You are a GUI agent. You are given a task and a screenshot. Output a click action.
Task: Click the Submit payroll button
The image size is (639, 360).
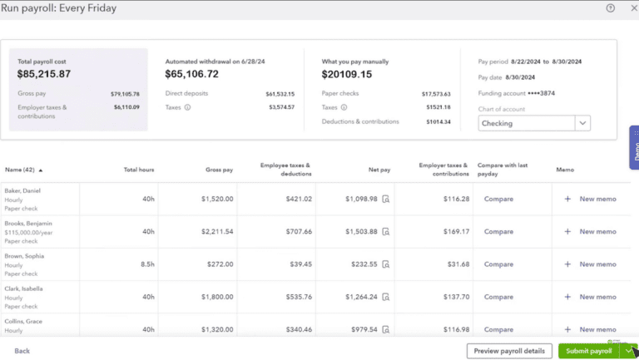coord(589,351)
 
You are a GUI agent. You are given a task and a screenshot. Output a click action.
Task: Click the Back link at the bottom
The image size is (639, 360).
coord(22,351)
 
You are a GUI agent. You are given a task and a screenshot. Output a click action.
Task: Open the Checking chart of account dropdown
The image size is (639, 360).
coord(534,123)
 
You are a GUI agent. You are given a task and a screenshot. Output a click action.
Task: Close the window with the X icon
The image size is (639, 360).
coord(632,8)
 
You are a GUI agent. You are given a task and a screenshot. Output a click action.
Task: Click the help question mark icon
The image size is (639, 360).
coord(610,8)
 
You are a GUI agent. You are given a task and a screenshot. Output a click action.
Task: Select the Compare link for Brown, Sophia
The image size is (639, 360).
coord(498,264)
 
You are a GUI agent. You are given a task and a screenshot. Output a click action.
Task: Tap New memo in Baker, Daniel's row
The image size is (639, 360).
coord(597,200)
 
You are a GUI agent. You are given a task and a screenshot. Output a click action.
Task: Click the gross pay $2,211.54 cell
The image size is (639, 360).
coord(217,232)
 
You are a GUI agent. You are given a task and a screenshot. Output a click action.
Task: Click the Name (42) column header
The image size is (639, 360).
coord(23,170)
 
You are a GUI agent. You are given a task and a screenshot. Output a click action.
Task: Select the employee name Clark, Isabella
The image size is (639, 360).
coord(25,288)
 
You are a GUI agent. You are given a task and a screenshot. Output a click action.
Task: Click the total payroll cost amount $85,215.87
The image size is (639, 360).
coord(56,74)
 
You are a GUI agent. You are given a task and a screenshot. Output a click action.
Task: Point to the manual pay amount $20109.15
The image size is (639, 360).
coord(347,74)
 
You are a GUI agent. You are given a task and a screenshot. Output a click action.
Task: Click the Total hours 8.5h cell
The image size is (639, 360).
coord(145,264)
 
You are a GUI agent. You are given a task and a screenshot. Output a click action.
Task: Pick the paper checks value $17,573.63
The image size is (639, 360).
coord(436,94)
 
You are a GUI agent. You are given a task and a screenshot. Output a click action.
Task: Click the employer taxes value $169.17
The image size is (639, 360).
coord(455,232)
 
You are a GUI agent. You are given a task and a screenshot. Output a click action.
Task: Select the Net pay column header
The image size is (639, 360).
coord(379,170)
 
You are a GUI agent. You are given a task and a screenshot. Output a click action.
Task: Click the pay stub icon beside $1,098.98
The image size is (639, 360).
coord(386,200)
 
